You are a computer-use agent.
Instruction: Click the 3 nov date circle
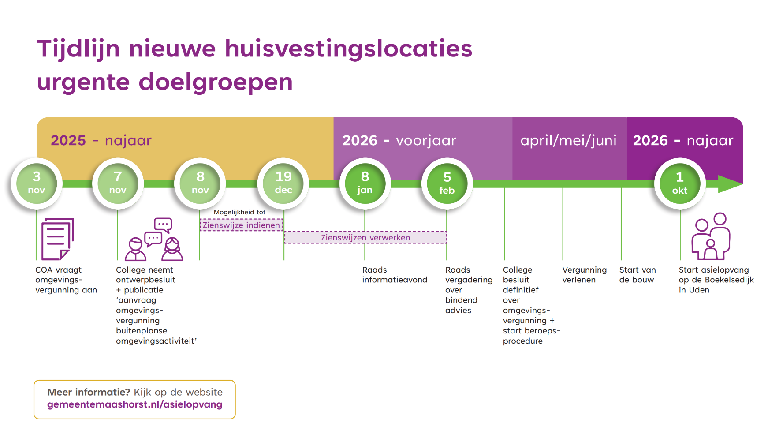pos(37,183)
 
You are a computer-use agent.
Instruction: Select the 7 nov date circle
pos(118,183)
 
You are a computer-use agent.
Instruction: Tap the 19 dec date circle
pos(283,183)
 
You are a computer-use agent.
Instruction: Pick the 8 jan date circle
pos(365,183)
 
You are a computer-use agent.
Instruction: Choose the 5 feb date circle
pos(447,183)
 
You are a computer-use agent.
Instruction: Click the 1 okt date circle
pos(680,183)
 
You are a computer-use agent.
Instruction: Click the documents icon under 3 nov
pos(57,239)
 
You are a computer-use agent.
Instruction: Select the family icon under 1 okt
pos(711,236)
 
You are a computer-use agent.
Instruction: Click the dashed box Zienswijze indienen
pos(241,225)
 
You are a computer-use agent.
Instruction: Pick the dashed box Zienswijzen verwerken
pos(365,237)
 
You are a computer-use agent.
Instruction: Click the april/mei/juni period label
pos(568,140)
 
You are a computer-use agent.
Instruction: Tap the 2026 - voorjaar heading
pos(399,140)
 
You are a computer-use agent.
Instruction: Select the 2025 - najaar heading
pos(101,140)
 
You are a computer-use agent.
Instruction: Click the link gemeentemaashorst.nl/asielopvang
pos(134,404)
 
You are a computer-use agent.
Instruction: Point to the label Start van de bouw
pos(637,274)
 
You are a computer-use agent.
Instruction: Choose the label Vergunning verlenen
pos(584,274)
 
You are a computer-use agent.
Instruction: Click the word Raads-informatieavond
pos(394,274)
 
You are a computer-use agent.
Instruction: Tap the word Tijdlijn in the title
pos(78,49)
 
